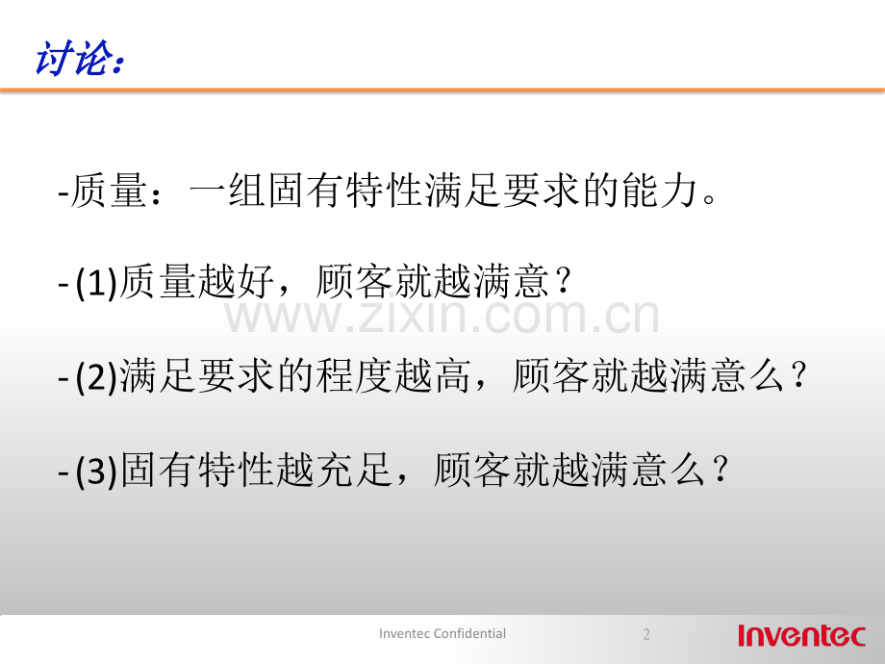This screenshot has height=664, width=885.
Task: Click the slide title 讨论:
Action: pos(79,59)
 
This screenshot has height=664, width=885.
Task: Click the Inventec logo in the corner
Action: pos(801,635)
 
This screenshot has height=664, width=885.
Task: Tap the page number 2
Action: pos(646,634)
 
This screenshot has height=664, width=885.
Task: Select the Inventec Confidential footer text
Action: pos(442,633)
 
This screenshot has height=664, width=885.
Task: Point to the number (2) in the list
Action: pos(96,378)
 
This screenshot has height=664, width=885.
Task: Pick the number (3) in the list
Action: pos(96,472)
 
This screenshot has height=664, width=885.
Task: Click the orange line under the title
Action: pos(442,91)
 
